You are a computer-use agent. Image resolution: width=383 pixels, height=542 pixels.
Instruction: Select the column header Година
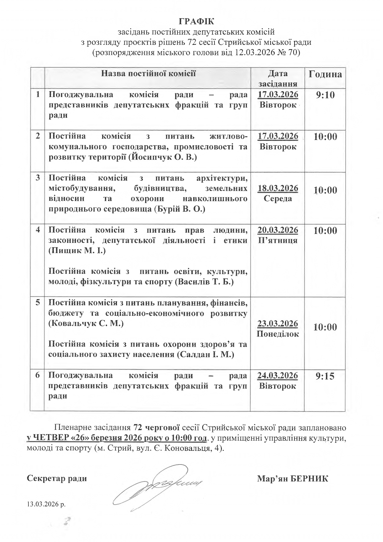point(325,74)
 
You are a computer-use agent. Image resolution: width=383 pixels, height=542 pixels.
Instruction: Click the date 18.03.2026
point(278,188)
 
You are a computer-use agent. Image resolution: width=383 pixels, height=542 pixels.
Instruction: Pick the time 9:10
point(325,95)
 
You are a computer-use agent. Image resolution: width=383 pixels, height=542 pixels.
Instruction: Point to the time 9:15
point(325,376)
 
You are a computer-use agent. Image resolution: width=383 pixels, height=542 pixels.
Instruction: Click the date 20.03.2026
point(278,230)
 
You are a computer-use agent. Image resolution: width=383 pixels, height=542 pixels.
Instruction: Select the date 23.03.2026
point(278,324)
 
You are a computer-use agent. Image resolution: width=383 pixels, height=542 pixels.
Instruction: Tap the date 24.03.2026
point(278,375)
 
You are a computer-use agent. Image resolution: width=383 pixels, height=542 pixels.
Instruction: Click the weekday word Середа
point(278,198)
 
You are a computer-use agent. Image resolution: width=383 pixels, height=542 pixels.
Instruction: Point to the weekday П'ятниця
point(278,240)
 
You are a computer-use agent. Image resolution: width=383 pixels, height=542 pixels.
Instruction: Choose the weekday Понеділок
point(278,334)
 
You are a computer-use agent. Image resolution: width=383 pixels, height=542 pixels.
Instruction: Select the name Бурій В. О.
point(179,209)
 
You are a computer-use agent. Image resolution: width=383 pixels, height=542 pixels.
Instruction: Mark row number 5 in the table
point(38,303)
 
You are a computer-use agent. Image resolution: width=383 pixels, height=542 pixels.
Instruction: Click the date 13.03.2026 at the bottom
point(46,505)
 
